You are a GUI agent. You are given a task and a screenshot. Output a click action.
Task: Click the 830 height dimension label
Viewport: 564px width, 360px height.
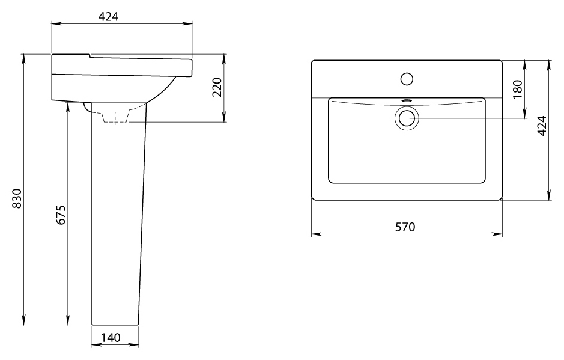click(17, 198)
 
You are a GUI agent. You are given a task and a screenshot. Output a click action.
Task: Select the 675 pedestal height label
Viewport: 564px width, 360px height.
click(61, 215)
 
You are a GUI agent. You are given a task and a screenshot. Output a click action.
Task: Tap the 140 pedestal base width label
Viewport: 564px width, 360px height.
click(111, 338)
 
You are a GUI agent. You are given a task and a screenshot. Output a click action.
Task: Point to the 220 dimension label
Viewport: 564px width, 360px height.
click(217, 87)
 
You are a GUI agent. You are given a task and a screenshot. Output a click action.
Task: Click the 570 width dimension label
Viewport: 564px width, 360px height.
click(405, 227)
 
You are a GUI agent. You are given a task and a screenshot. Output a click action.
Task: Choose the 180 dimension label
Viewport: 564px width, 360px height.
click(517, 90)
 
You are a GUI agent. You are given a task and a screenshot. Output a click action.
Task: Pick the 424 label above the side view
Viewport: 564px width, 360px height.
click(108, 17)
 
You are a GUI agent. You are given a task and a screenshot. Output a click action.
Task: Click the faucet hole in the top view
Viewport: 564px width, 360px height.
click(407, 79)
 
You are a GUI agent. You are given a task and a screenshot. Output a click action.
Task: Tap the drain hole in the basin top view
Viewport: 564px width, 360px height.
click(407, 118)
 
